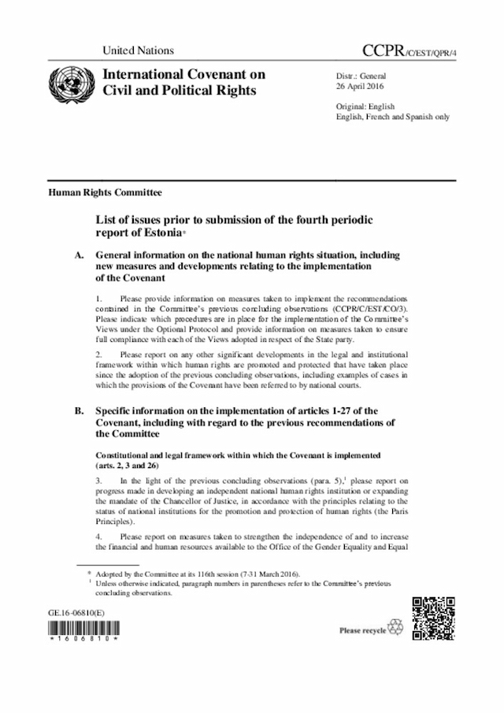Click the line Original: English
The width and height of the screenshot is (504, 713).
[365, 106]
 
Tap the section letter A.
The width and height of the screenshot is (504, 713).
[78, 256]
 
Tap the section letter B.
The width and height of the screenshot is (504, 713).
[78, 410]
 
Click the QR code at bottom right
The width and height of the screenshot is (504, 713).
[432, 619]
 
